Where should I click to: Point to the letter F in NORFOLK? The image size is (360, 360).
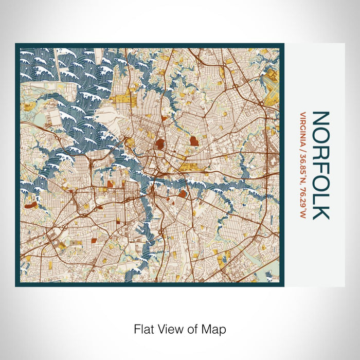[x=320, y=166]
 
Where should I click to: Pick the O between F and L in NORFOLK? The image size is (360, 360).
[x=320, y=181]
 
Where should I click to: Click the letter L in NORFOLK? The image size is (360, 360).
[x=320, y=196]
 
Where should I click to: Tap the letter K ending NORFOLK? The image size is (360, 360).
[x=320, y=210]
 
